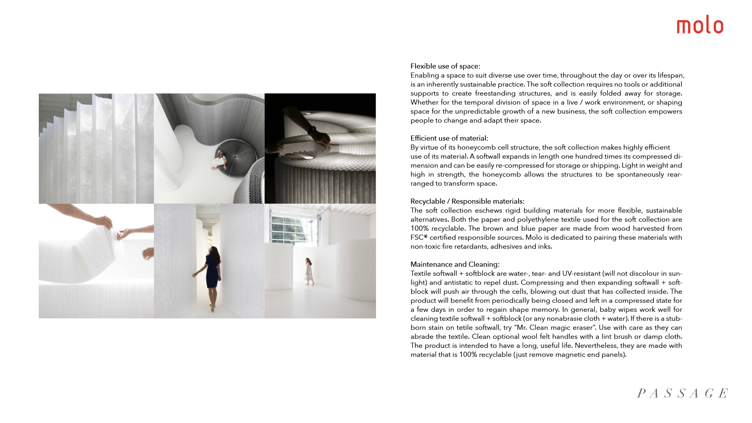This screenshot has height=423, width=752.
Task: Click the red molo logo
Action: [x=700, y=25]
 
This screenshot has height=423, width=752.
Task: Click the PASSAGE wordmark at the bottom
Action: [x=682, y=393]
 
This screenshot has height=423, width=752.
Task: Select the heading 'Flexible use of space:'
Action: [x=445, y=66]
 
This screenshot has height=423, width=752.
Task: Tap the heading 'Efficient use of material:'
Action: [x=449, y=138]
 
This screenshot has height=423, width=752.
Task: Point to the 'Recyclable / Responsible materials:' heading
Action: [x=467, y=201]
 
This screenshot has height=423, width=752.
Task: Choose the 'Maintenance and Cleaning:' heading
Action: [x=455, y=264]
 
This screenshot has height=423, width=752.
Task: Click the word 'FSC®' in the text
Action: [x=419, y=237]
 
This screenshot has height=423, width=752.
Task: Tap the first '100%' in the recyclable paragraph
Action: [x=419, y=228]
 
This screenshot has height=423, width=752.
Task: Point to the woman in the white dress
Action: [x=309, y=270]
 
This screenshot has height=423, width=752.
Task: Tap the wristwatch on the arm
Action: [x=312, y=129]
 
